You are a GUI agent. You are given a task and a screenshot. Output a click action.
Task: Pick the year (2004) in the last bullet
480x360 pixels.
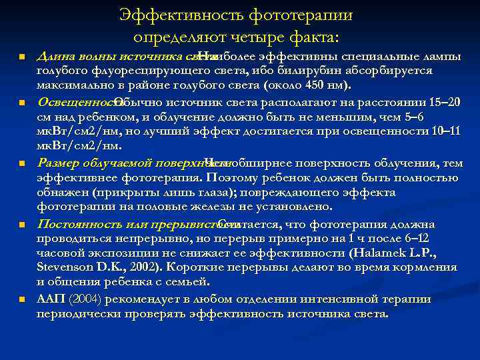pyautogui.click(x=87, y=298)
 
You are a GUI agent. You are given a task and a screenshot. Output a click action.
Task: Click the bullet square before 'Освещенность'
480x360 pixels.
pyautogui.click(x=22, y=104)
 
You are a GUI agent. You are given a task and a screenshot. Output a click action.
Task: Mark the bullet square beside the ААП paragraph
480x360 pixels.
pyautogui.click(x=22, y=299)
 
